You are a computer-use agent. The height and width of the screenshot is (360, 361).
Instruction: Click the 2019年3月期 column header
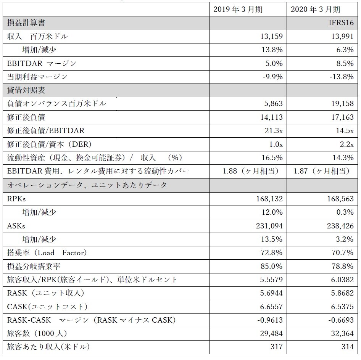point(238,10)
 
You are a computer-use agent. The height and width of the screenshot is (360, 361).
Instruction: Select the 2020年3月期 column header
point(316,10)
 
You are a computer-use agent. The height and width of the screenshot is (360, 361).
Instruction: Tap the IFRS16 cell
point(341,23)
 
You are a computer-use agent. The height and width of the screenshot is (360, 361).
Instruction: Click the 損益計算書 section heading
point(26,23)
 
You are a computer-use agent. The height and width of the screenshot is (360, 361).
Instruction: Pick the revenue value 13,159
point(271,36)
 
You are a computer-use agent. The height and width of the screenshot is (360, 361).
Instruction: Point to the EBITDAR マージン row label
point(42,63)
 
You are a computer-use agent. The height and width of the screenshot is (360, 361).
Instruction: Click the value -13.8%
point(342,77)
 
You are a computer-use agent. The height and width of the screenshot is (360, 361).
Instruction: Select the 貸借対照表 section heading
point(26,90)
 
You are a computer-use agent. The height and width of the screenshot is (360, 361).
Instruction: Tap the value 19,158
point(342,103)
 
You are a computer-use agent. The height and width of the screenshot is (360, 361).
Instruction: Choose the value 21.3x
point(274,131)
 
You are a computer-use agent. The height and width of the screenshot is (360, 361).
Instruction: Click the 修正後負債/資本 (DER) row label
point(49,144)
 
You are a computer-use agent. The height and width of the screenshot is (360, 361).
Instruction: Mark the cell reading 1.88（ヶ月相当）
point(250,171)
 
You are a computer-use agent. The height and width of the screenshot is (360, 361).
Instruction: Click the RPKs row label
point(16,199)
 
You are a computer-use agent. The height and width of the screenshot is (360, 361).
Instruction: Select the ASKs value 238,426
point(340,226)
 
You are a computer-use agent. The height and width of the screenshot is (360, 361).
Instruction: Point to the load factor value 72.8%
point(271,252)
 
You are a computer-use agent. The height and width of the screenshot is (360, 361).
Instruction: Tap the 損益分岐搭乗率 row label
point(34,266)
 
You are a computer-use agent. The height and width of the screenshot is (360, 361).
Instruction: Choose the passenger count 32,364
point(342,333)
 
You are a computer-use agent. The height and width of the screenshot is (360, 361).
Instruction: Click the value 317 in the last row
point(277,347)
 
